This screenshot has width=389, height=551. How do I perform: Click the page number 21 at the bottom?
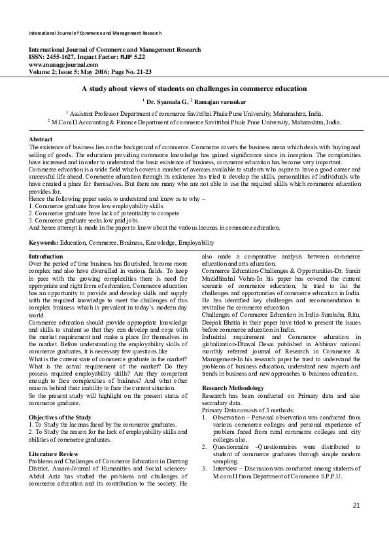tap(356, 524)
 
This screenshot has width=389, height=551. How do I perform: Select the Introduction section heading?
tap(47, 257)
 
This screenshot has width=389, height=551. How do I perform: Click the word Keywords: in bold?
tap(44, 242)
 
